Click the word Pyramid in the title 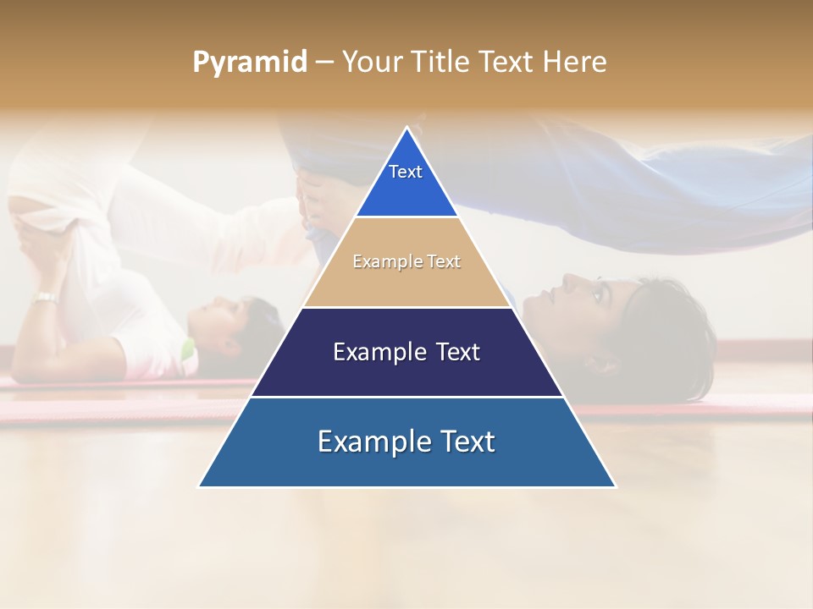pyautogui.click(x=249, y=63)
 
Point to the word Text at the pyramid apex pyautogui.click(x=406, y=172)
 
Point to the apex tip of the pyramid pyautogui.click(x=407, y=129)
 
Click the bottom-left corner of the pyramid pyautogui.click(x=200, y=486)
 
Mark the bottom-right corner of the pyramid pyautogui.click(x=615, y=486)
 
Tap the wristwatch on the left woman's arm pyautogui.click(x=46, y=298)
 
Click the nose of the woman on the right pyautogui.click(x=567, y=279)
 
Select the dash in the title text pyautogui.click(x=324, y=63)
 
